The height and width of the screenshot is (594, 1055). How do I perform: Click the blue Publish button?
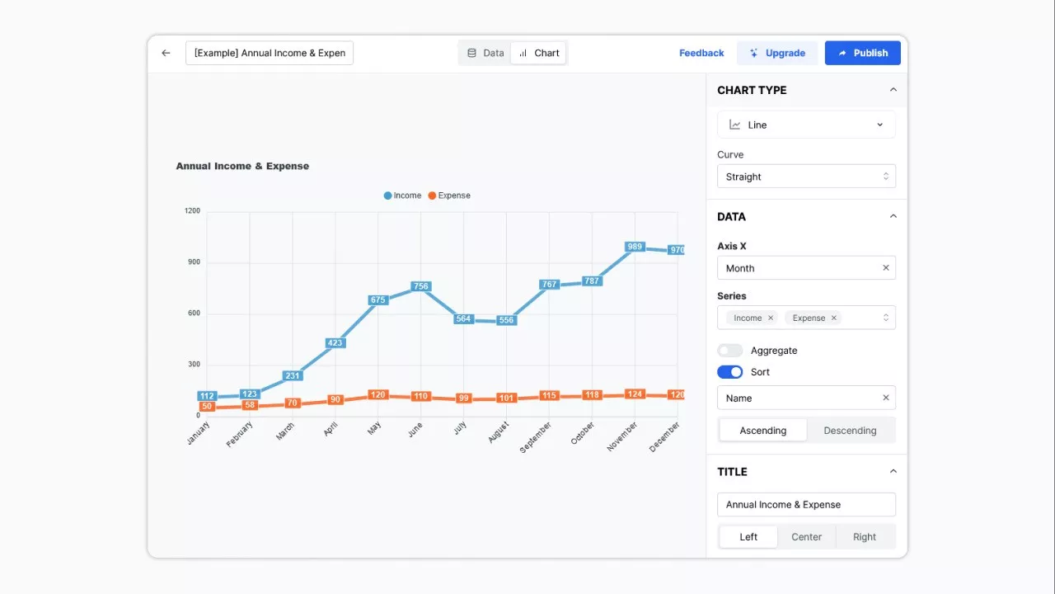click(x=862, y=53)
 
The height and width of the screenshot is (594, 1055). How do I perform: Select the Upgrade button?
click(x=777, y=53)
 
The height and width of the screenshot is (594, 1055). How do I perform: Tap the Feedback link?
click(x=701, y=53)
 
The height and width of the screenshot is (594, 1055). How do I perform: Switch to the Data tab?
click(x=485, y=53)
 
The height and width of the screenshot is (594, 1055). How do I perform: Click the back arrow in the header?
click(x=166, y=53)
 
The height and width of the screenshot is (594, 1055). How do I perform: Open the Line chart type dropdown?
click(x=806, y=125)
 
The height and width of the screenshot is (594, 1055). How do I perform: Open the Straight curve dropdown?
click(x=806, y=177)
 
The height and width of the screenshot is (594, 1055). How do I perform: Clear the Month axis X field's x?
click(x=886, y=268)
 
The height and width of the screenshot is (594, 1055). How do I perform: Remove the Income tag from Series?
click(x=771, y=318)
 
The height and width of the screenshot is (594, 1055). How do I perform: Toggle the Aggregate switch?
click(x=730, y=351)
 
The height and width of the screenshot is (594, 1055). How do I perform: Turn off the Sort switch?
click(x=730, y=372)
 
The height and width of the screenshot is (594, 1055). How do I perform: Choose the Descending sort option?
click(x=850, y=431)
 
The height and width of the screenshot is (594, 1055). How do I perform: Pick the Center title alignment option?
click(x=806, y=537)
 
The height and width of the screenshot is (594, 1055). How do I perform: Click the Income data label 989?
click(x=635, y=247)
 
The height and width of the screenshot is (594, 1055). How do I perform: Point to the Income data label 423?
click(x=335, y=343)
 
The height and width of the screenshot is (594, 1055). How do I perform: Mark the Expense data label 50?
click(x=207, y=406)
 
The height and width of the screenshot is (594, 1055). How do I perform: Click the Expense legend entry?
click(x=449, y=196)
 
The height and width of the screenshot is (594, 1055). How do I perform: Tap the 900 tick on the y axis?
click(x=193, y=262)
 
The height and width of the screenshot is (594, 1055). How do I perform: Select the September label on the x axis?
click(x=536, y=436)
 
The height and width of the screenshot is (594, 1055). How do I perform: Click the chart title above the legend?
click(x=242, y=166)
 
